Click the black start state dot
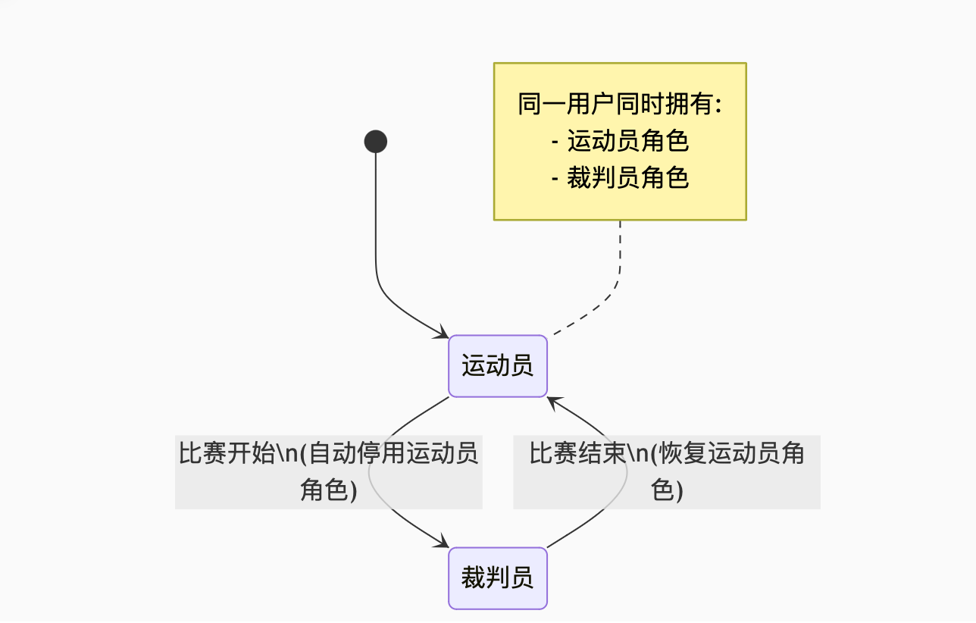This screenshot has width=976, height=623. pyautogui.click(x=376, y=142)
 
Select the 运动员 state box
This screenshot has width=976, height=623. pyautogui.click(x=497, y=366)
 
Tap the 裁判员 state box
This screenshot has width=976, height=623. pyautogui.click(x=497, y=578)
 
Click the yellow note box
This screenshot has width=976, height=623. pyautogui.click(x=620, y=142)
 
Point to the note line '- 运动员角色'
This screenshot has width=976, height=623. pyautogui.click(x=620, y=141)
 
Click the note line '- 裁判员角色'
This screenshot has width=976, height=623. pyautogui.click(x=620, y=178)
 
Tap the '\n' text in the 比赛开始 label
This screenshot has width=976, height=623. pyautogui.click(x=286, y=454)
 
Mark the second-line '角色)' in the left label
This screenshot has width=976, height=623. pyautogui.click(x=329, y=490)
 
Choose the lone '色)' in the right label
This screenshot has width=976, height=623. pyautogui.click(x=667, y=490)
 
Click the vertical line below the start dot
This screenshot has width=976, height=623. pyautogui.click(x=376, y=220)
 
